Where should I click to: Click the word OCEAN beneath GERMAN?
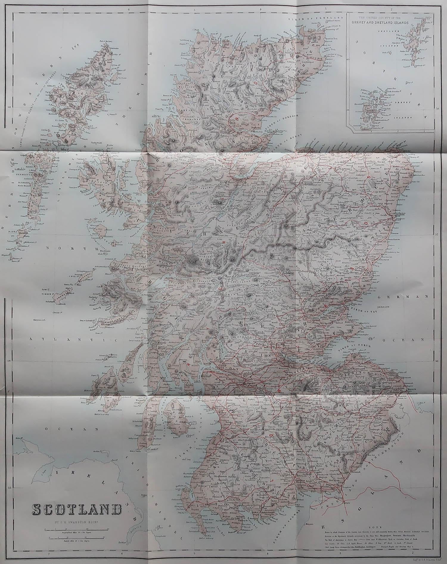point(414,340)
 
